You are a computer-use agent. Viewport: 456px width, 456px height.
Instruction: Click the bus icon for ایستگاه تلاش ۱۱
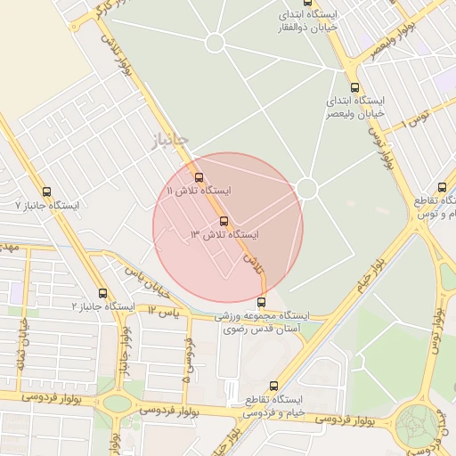point(199,176)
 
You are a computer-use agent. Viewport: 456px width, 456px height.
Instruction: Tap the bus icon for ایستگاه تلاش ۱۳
point(224,220)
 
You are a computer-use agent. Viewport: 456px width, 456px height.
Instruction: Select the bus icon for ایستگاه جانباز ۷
point(46,191)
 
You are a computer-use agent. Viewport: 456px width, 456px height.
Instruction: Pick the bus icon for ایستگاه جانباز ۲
point(103,292)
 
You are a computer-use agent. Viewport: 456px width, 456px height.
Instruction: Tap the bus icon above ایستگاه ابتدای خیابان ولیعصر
point(354,87)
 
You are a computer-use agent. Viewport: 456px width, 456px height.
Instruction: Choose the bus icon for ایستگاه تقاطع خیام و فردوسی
point(273,386)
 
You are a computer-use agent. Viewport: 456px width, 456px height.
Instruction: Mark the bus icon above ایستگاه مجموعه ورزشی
point(263,302)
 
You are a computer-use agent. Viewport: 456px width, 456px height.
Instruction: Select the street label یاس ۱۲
point(163,312)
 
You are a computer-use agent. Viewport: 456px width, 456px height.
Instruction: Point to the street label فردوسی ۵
point(188,356)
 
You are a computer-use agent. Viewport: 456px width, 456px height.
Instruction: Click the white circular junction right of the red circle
point(307,189)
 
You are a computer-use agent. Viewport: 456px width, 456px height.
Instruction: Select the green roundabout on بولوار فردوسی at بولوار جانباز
point(117,403)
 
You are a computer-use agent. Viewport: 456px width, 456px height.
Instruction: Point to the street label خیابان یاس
point(147,283)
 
